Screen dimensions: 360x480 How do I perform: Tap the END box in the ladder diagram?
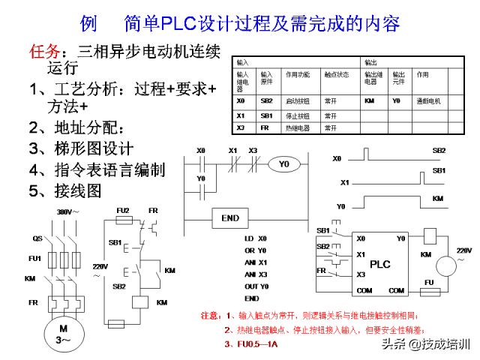[x=230, y=218]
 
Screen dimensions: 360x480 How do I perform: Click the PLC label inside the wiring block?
[x=380, y=264]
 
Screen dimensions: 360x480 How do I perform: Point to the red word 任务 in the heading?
[x=44, y=52]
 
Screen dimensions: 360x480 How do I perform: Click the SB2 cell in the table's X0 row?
[x=266, y=100]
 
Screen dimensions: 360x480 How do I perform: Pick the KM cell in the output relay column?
[x=369, y=100]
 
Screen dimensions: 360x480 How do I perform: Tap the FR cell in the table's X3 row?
[x=265, y=127]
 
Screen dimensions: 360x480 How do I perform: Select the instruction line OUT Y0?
[x=256, y=286]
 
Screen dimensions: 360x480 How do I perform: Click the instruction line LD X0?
[x=255, y=238]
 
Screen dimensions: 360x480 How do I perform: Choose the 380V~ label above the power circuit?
[x=67, y=212]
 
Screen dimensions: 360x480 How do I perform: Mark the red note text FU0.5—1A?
[x=255, y=344]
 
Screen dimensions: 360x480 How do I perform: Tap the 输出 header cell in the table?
[x=371, y=62]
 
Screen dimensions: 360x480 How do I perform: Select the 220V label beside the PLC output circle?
[x=464, y=249]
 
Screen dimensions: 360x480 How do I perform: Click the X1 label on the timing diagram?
[x=344, y=182]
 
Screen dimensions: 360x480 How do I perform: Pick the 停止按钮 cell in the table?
[x=297, y=115]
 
